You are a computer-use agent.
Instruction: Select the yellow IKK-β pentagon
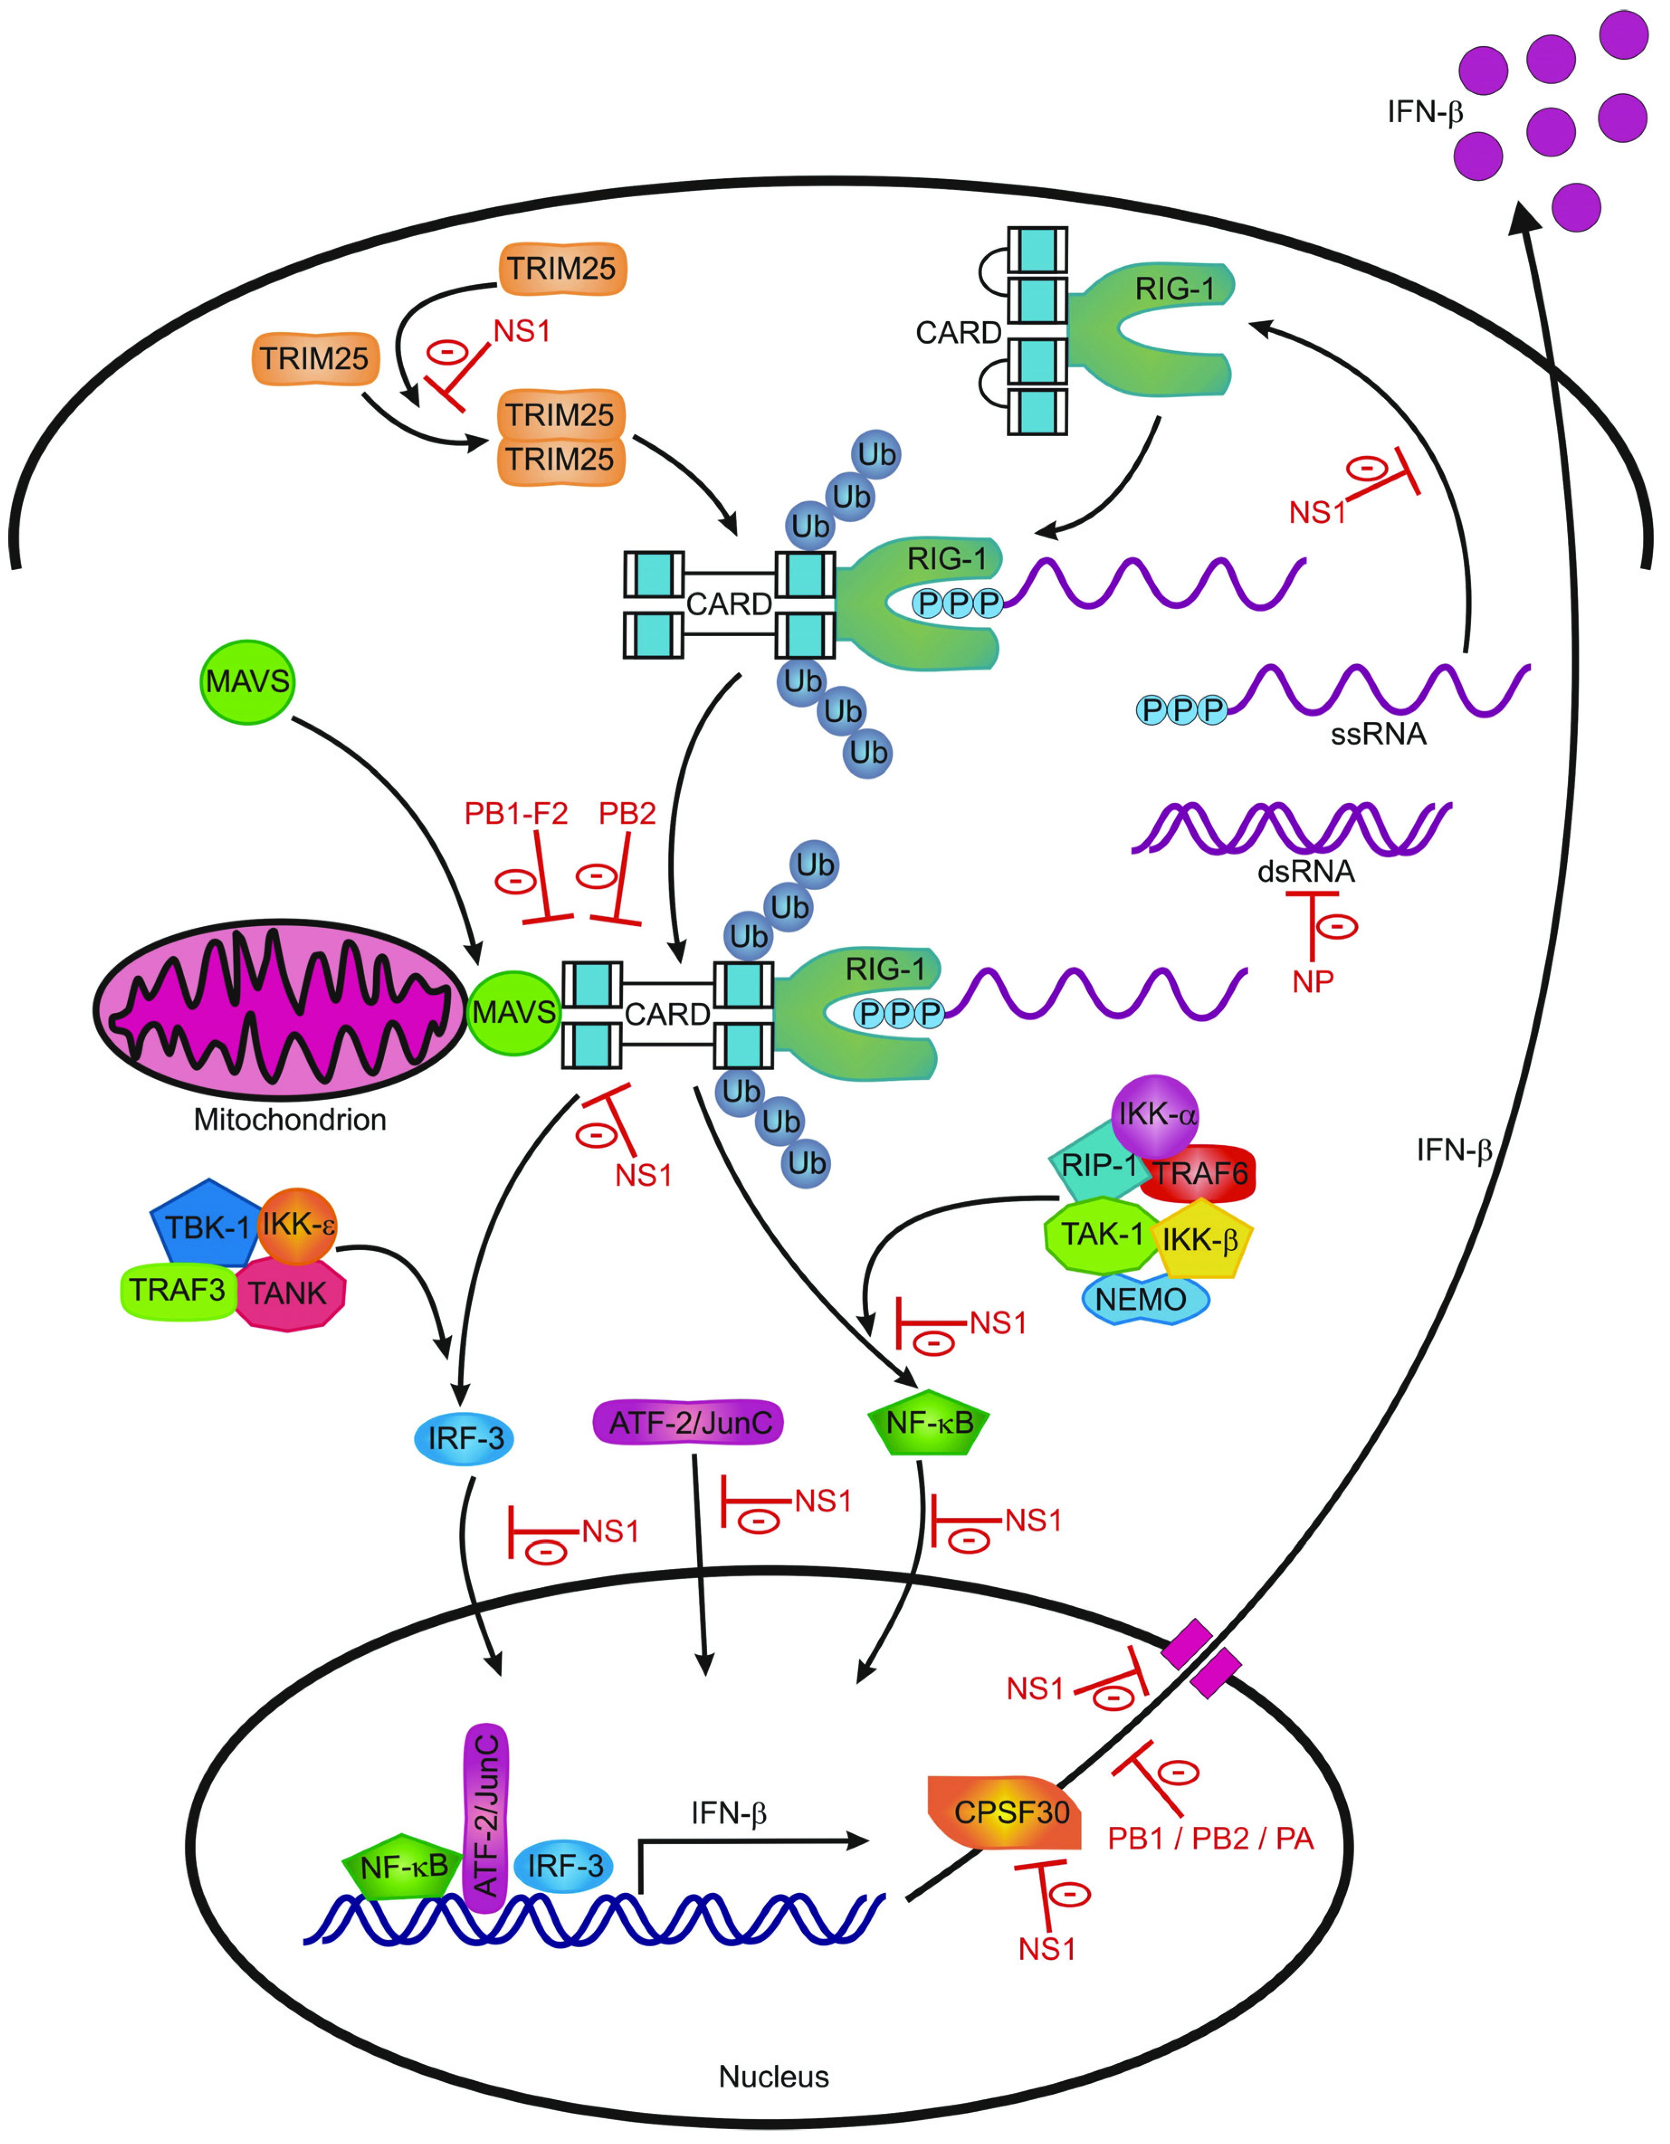pos(1200,1240)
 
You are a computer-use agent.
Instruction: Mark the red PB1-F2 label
pos(515,814)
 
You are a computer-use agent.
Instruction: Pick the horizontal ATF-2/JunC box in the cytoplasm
pos(689,1422)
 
